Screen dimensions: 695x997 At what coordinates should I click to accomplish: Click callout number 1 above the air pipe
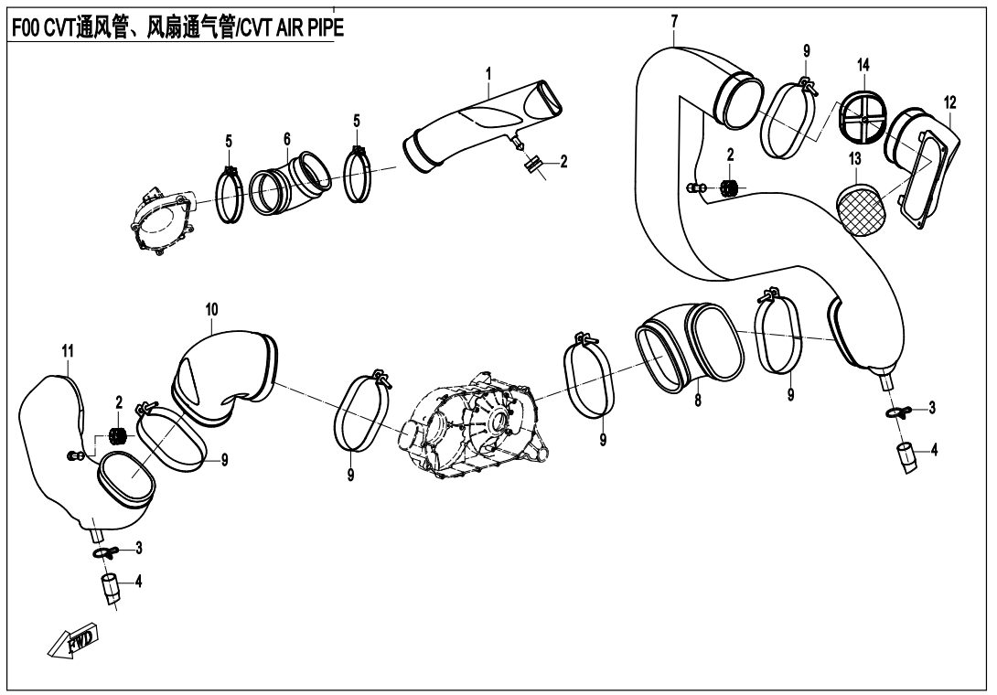(489, 72)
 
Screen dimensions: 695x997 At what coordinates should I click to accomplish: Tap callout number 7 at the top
(674, 20)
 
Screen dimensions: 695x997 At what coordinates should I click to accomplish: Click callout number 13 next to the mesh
(854, 158)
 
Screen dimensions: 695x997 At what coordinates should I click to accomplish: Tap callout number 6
(286, 138)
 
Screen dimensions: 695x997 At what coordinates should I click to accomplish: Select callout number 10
(211, 310)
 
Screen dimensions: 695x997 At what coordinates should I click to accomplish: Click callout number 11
(68, 350)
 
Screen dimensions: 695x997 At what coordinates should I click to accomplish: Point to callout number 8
(698, 400)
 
